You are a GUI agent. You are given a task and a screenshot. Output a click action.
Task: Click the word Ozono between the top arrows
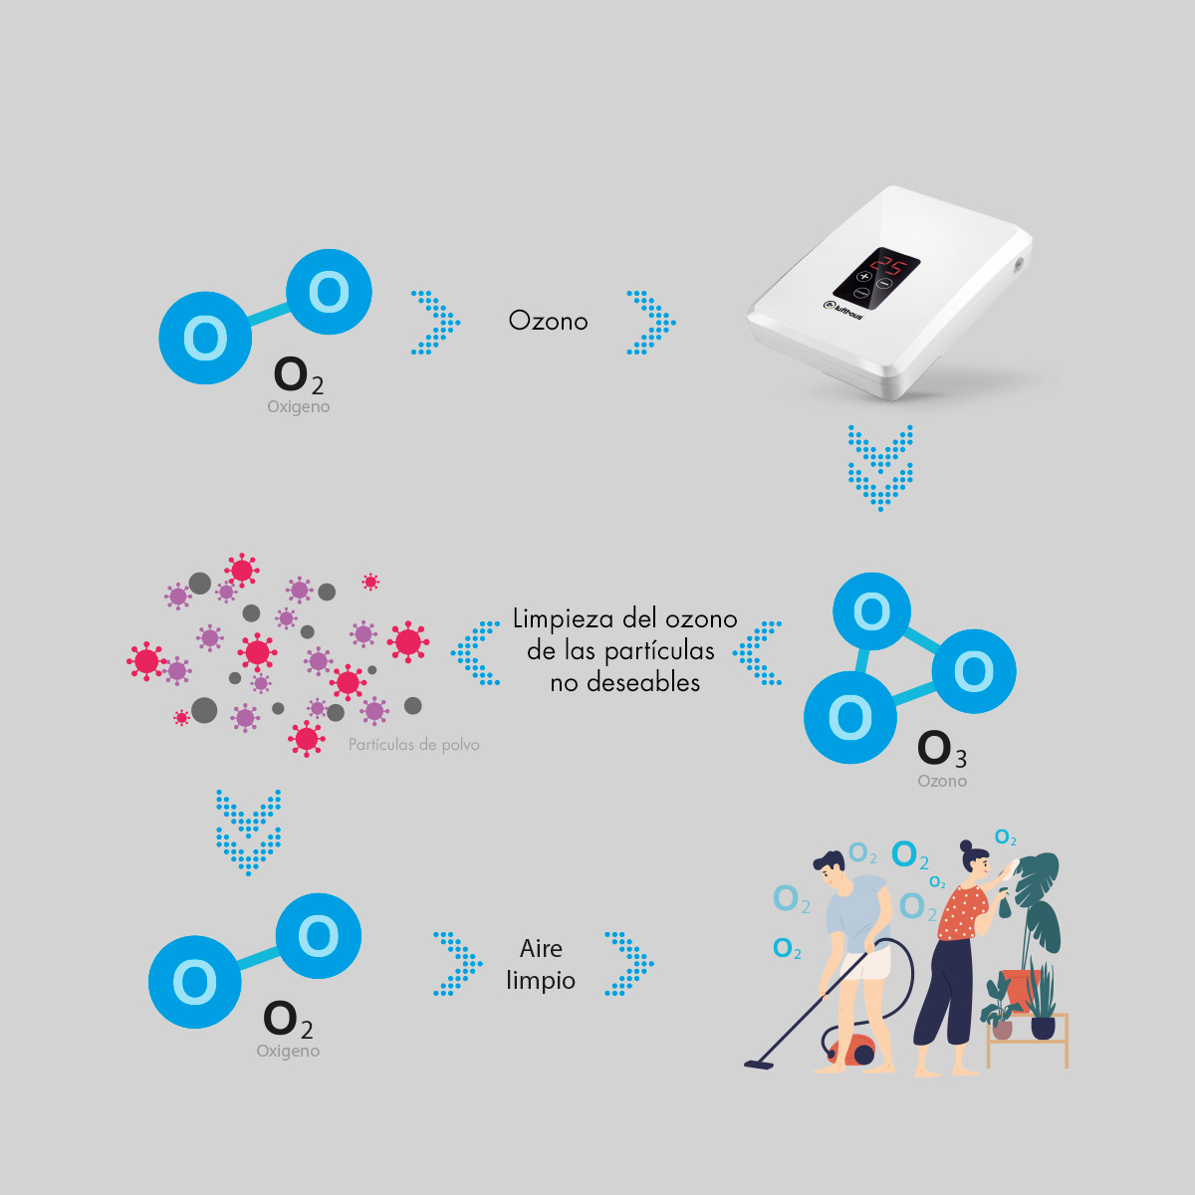548,321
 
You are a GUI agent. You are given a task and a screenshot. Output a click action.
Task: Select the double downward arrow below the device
880,468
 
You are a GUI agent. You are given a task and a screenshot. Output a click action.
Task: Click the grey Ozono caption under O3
942,782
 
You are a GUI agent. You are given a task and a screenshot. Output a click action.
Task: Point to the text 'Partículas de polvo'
413,745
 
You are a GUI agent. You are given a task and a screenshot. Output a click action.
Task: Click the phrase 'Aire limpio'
541,964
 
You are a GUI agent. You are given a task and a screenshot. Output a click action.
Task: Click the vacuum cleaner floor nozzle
758,1065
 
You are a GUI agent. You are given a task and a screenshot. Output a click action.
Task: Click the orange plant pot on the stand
1020,989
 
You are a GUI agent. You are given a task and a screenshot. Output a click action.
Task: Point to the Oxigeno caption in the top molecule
298,407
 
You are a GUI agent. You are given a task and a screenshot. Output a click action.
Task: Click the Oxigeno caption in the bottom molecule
288,1052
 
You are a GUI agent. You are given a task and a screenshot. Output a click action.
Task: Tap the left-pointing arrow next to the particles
476,653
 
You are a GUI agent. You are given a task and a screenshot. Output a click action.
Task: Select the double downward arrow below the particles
248,833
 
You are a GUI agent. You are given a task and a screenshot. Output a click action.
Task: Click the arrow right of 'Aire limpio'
629,964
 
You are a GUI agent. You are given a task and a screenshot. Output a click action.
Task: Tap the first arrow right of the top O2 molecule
435,323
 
